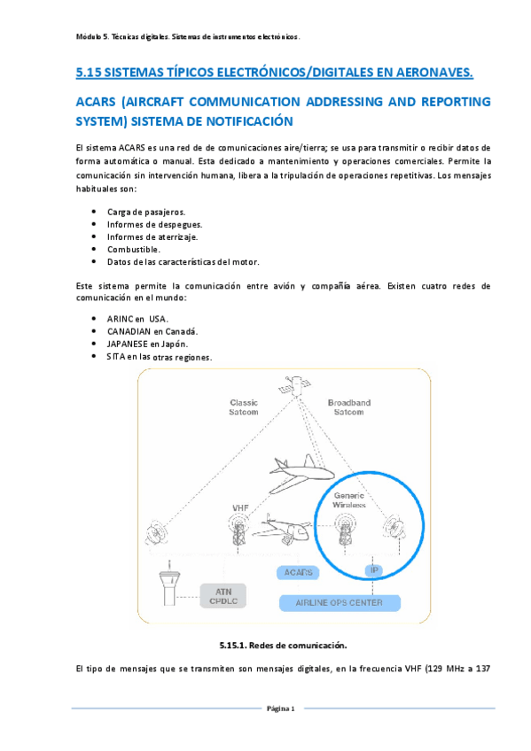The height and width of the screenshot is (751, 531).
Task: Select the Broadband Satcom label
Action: coord(348,406)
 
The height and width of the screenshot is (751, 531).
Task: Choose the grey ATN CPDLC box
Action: coord(223,595)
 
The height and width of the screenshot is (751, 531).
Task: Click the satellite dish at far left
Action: coord(158,533)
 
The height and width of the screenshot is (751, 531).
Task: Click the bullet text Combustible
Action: coord(133,250)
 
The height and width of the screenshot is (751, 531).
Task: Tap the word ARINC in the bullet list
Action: coord(120,319)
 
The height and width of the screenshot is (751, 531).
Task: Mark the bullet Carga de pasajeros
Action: coord(145,213)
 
